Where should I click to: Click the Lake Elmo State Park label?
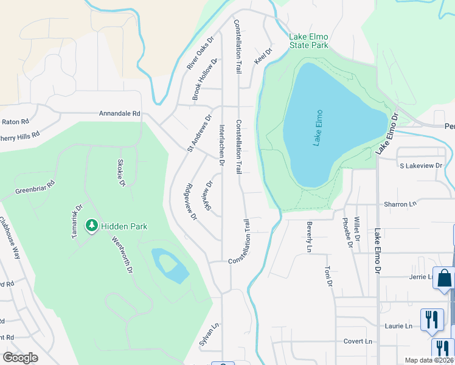click(309, 41)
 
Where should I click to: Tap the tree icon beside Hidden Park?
click(92, 226)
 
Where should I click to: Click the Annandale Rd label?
click(120, 113)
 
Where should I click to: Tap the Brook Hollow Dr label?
click(205, 80)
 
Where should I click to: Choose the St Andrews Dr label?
click(199, 133)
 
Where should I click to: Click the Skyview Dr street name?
click(209, 195)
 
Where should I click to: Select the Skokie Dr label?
click(120, 173)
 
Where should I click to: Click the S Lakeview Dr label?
click(422, 165)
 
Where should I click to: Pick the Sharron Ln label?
click(399, 204)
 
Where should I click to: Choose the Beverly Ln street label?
click(309, 237)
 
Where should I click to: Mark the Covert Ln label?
click(358, 341)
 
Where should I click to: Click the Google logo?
click(20, 358)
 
